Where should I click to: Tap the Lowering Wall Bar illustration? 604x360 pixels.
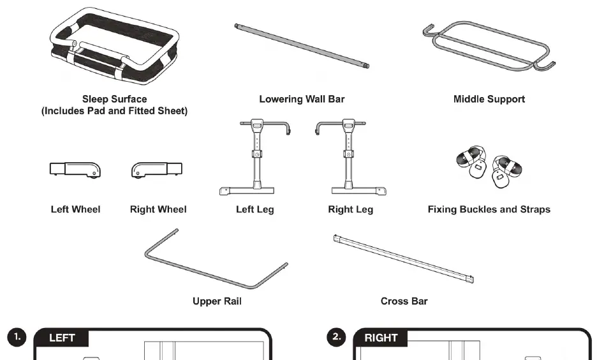[302, 45]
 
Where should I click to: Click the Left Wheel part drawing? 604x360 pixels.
[75, 170]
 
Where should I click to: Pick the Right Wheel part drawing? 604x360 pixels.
[157, 170]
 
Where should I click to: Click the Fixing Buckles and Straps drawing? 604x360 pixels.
[489, 167]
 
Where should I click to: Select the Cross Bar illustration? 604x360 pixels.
[404, 259]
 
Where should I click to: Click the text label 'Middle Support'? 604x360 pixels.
[489, 99]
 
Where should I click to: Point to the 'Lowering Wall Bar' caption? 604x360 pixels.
[302, 99]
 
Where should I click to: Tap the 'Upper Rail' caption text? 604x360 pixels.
[217, 301]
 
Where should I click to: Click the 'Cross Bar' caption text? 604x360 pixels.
[404, 301]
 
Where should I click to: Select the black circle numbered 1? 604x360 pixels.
[17, 337]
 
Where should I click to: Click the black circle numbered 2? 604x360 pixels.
[336, 337]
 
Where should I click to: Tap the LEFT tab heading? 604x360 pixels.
[62, 338]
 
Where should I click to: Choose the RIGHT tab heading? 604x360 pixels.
[381, 338]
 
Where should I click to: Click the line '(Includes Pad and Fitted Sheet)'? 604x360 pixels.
[114, 111]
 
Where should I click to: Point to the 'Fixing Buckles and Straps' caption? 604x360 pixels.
[489, 209]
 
